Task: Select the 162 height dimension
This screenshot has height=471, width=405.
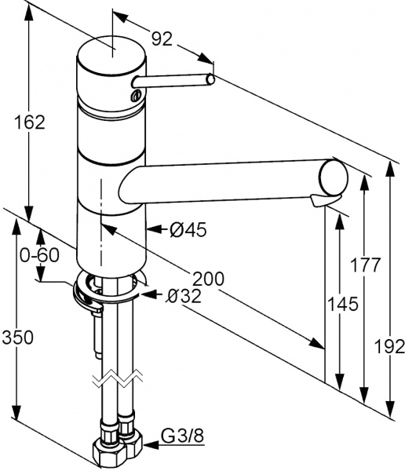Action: point(29,122)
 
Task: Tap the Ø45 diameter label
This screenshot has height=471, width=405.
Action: point(188,229)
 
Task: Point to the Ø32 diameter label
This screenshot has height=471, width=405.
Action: point(184,295)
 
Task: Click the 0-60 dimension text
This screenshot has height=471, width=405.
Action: point(39,255)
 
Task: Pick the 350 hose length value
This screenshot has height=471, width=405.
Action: point(16,338)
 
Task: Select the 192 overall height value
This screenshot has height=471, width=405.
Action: point(389,345)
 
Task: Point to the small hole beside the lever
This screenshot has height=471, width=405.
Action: point(137,97)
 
